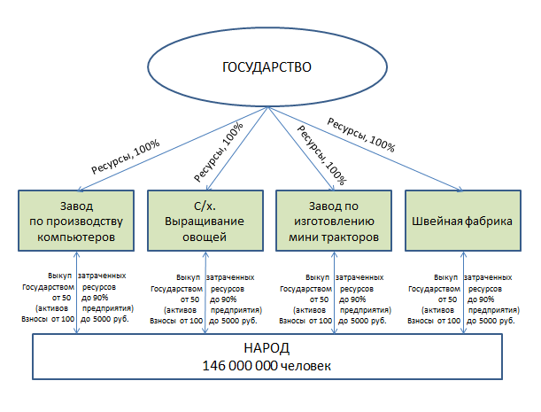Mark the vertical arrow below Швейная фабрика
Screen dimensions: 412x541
coord(462,292)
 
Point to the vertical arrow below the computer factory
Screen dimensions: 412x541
coord(77,292)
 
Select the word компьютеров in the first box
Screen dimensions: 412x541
coord(77,237)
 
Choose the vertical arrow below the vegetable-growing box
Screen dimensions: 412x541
coord(205,292)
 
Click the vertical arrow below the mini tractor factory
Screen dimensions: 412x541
coord(334,292)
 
